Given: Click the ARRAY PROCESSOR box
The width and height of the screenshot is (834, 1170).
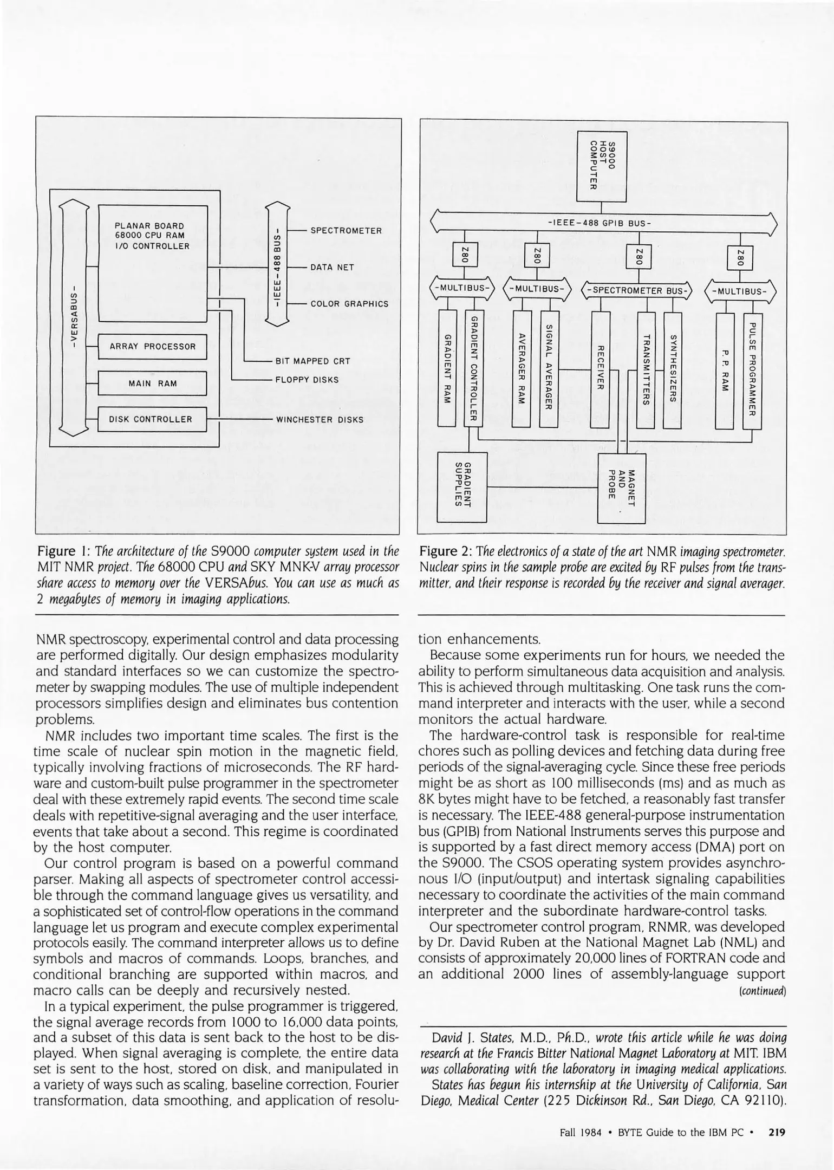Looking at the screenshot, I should [153, 347].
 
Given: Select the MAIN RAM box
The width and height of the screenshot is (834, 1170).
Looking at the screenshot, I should [153, 383].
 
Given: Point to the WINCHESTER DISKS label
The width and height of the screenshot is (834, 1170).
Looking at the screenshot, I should [320, 419].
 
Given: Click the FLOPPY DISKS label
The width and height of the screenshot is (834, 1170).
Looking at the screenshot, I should [307, 380].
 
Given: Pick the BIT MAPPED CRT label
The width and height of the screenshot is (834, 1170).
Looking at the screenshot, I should [312, 361].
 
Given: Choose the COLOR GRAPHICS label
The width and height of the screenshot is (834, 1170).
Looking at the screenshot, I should [349, 304].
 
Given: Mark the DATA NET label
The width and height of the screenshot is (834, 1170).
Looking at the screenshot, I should [332, 268].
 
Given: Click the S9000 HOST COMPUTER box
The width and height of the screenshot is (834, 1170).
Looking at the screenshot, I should [602, 166].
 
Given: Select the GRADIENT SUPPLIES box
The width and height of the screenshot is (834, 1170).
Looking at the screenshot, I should [462, 486].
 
